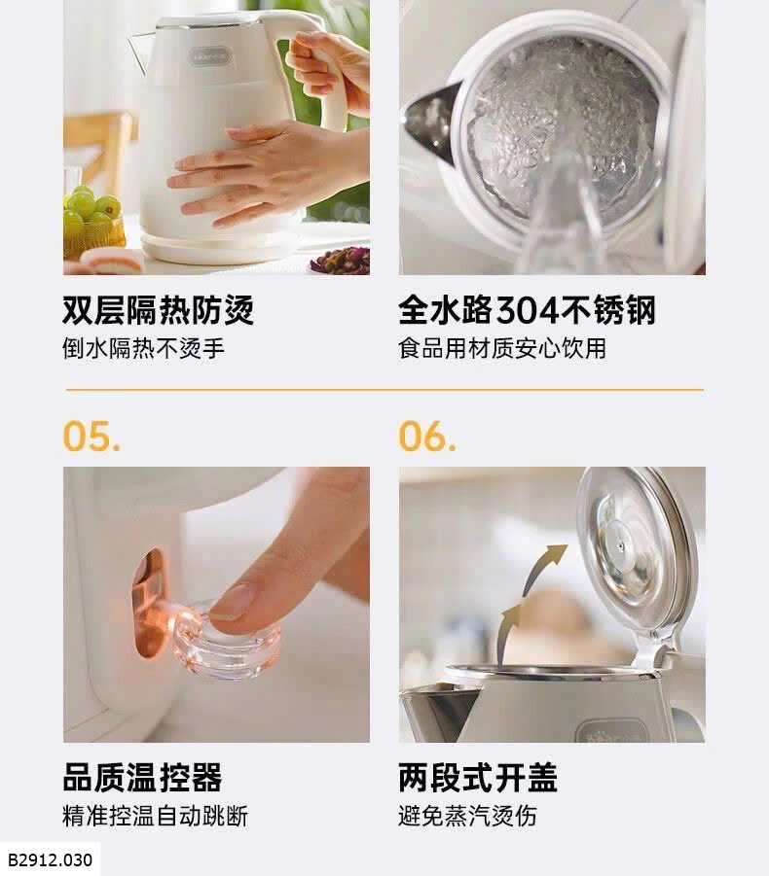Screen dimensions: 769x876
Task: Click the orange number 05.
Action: click(92, 436)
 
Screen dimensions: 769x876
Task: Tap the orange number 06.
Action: click(427, 436)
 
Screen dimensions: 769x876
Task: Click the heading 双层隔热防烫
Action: click(159, 309)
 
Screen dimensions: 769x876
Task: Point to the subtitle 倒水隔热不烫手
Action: click(143, 348)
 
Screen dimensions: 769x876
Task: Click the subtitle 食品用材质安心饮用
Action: click(502, 348)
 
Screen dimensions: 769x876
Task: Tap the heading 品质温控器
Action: click(143, 777)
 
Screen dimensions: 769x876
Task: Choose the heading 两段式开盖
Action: click(478, 777)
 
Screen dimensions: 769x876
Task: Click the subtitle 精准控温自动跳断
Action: click(155, 816)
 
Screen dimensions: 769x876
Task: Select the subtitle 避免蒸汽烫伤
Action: click(467, 816)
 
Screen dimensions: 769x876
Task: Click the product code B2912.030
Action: click(50, 859)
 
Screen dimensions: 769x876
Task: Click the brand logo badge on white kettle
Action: click(209, 55)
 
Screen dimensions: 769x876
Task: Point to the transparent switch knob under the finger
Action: click(227, 640)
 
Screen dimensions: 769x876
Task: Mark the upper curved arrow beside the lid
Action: click(542, 567)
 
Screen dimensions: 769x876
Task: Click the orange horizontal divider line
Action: click(384, 390)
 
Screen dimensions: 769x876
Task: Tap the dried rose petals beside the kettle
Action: click(341, 261)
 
